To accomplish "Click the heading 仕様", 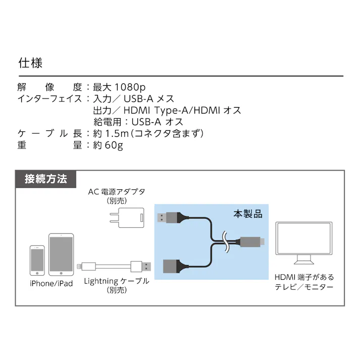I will coord(30,63).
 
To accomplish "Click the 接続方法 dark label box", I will coord(45,179).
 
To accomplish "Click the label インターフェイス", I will coord(49,98).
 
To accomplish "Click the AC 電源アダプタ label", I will coord(117,192).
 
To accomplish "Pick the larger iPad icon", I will coord(61,254).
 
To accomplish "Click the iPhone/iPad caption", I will coord(51,283).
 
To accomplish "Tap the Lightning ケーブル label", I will coord(117,281).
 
